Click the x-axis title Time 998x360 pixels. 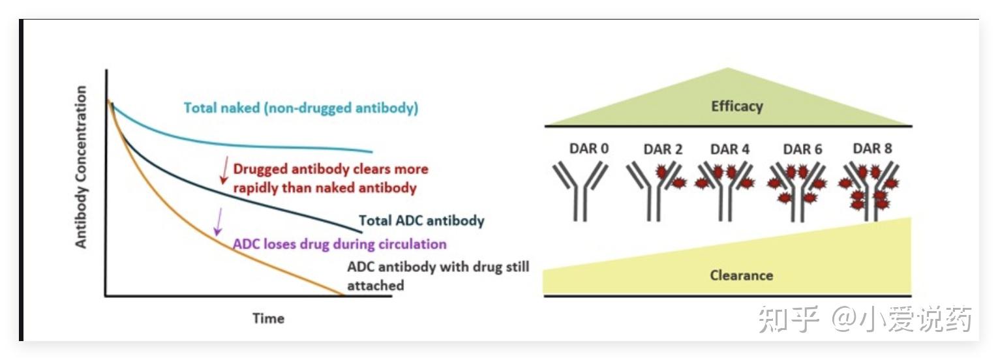point(269,318)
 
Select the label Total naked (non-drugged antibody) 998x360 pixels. point(301,108)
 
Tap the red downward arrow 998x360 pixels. point(224,170)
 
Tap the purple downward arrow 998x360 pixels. point(219,221)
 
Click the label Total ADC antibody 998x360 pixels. point(421,220)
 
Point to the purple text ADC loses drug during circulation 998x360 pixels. point(340,245)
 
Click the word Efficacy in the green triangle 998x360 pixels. point(737,106)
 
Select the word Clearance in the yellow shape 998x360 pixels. point(741,275)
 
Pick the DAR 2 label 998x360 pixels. point(663,149)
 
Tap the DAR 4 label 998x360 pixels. point(730,149)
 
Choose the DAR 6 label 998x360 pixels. point(803,149)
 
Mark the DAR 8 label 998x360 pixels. point(872,149)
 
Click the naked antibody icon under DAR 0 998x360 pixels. point(581,190)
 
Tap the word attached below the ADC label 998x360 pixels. point(375,285)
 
